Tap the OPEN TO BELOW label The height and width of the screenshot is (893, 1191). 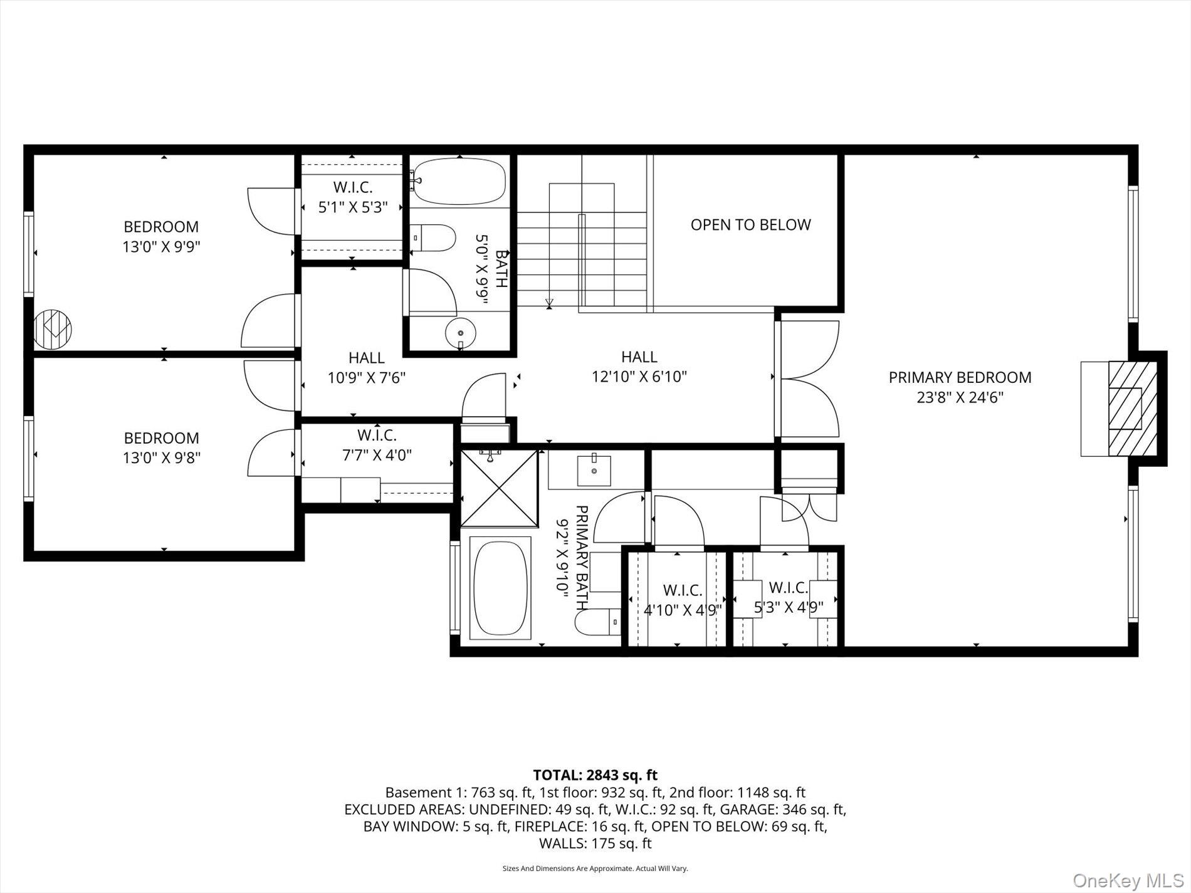pyautogui.click(x=750, y=224)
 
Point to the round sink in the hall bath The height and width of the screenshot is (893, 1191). pyautogui.click(x=461, y=332)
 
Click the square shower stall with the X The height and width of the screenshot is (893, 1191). pyautogui.click(x=500, y=488)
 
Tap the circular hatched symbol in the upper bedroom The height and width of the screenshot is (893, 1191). pyautogui.click(x=53, y=329)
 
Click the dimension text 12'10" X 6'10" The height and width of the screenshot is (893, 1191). pyautogui.click(x=639, y=377)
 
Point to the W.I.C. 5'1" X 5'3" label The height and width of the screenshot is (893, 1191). pyautogui.click(x=353, y=197)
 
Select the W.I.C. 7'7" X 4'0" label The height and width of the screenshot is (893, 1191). pyautogui.click(x=377, y=444)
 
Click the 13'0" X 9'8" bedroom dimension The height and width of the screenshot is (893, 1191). pyautogui.click(x=161, y=457)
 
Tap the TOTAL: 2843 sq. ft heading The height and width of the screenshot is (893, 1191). pyautogui.click(x=595, y=775)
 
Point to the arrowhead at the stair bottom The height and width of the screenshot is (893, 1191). pyautogui.click(x=549, y=304)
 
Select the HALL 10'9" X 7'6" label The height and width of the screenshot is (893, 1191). pyautogui.click(x=367, y=368)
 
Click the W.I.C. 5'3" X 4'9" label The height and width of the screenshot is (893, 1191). pyautogui.click(x=788, y=597)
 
